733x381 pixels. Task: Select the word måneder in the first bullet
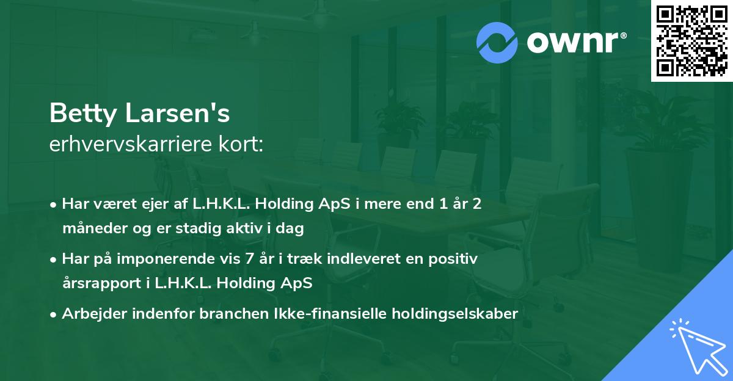[90, 229]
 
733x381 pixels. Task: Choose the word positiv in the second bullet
[454, 259]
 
